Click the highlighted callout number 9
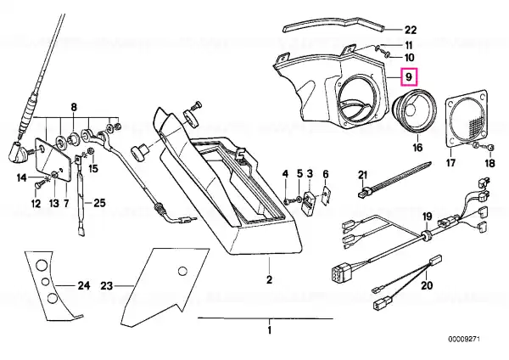(x=409, y=77)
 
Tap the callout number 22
(x=411, y=30)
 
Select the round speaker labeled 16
(x=415, y=110)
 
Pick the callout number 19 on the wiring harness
(x=428, y=216)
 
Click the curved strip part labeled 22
(x=333, y=24)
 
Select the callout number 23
(x=106, y=286)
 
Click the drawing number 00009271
(x=464, y=340)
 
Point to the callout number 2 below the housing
(x=269, y=279)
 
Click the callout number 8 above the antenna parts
(x=74, y=107)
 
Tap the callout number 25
(x=99, y=203)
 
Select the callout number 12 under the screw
(x=36, y=204)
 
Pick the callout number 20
(x=427, y=285)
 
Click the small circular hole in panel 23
(x=182, y=271)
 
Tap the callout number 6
(x=326, y=174)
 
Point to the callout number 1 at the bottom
(x=269, y=330)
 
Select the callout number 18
(x=490, y=162)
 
